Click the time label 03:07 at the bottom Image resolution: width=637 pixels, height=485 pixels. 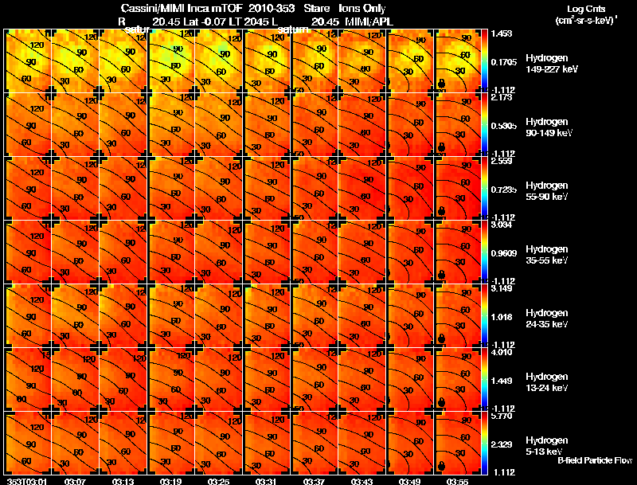pos(76,481)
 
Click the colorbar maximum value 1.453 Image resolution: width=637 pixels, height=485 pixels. pos(502,34)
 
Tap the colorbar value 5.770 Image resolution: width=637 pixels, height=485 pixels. pos(502,416)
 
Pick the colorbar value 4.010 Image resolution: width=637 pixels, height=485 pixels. pos(502,352)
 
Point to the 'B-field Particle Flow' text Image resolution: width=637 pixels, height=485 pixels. pos(595,460)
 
